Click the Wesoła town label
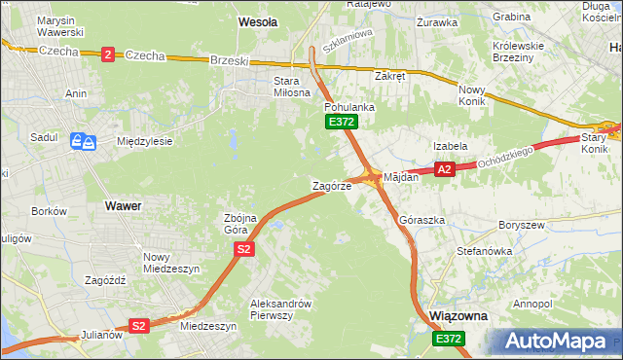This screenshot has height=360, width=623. [258, 20]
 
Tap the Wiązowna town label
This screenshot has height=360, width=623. [458, 317]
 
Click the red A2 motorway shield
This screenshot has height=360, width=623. [445, 169]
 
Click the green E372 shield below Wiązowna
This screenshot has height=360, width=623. [449, 338]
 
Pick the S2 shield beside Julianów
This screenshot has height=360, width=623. [138, 326]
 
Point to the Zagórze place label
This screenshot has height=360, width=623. [330, 185]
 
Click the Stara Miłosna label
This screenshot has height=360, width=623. [286, 87]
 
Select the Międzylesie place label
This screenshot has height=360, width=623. [144, 141]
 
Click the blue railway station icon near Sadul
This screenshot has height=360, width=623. [82, 142]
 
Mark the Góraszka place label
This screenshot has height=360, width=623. [421, 221]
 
